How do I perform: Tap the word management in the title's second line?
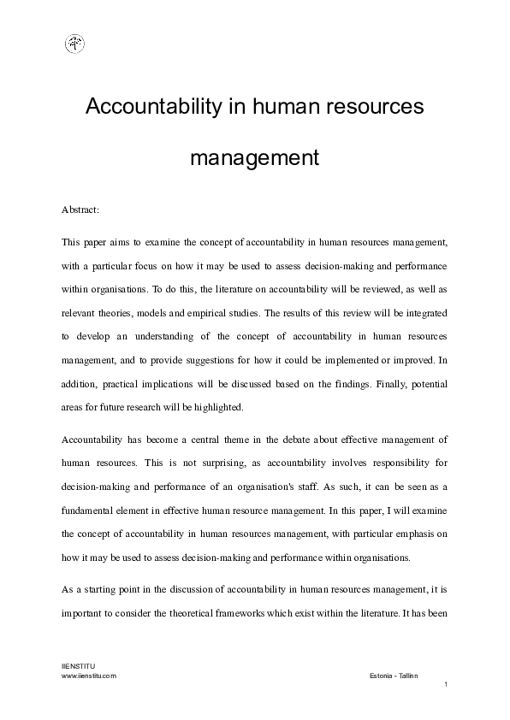coord(254,158)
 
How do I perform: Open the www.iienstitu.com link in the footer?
coord(89,675)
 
